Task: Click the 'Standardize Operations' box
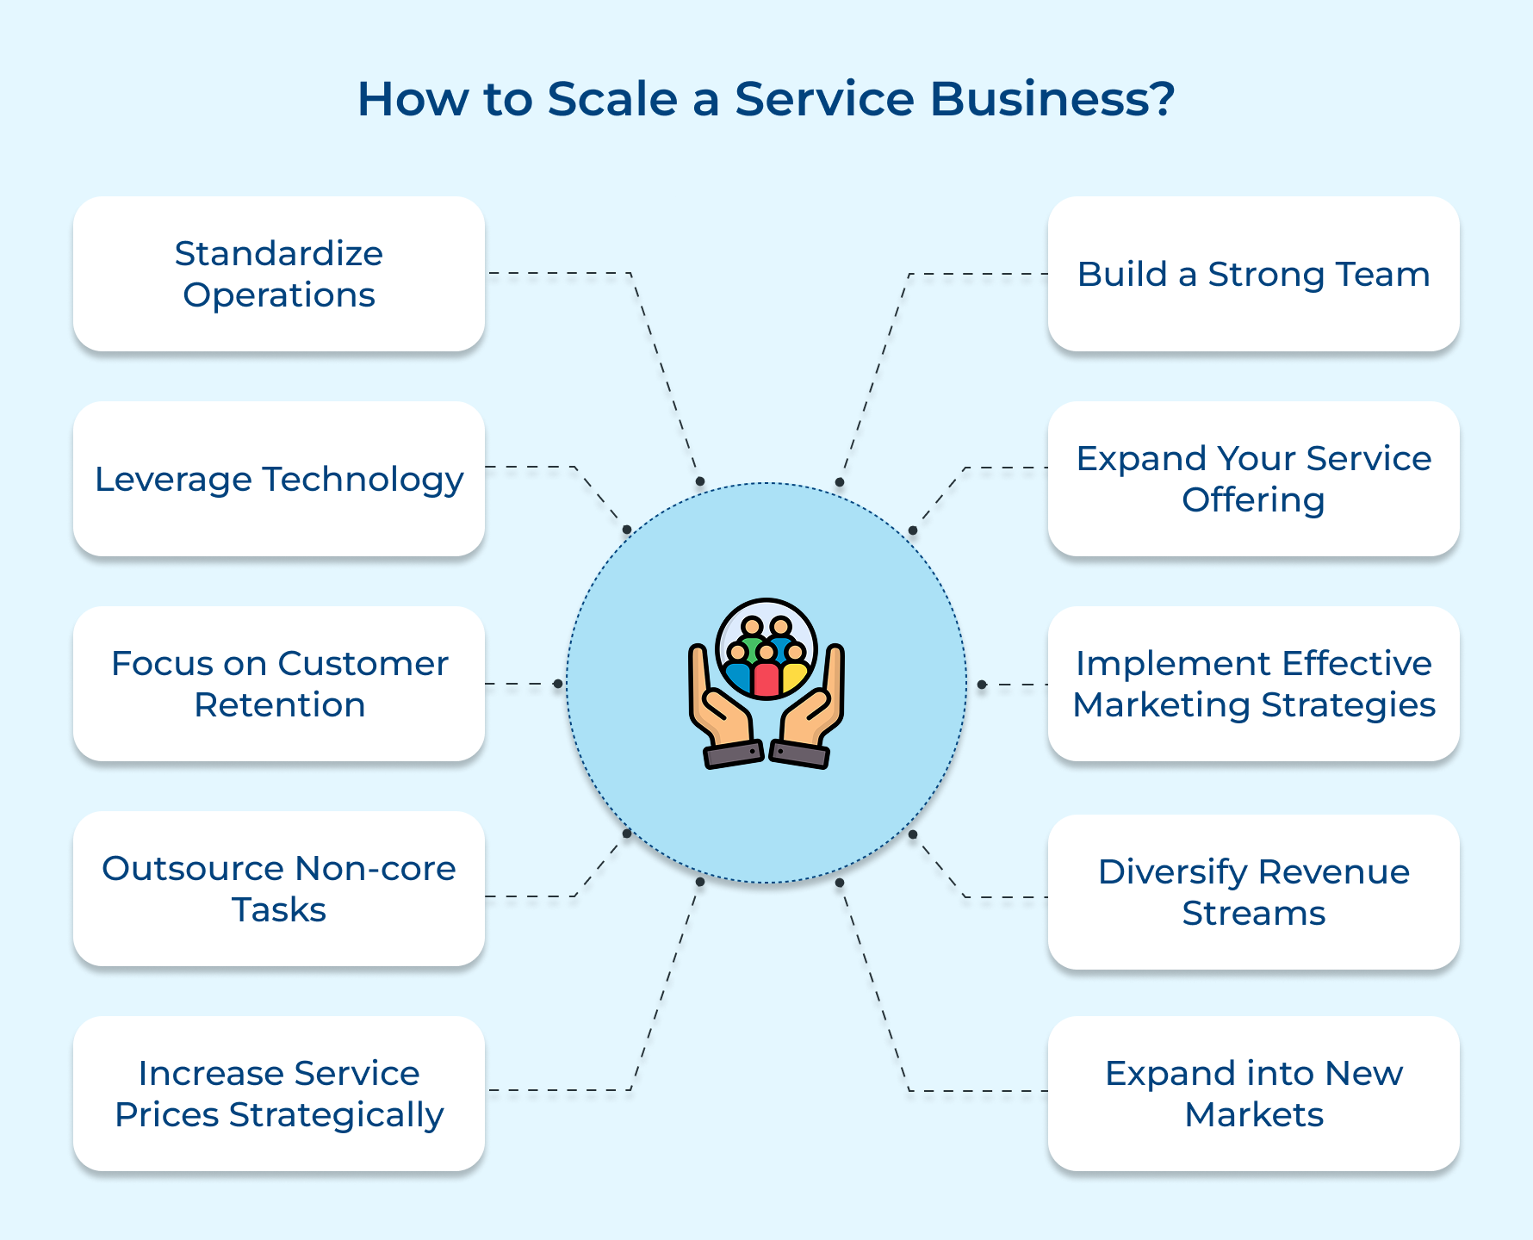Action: [279, 274]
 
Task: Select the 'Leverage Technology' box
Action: [279, 479]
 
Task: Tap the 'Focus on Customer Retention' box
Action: [279, 684]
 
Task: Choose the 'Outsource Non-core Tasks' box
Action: [279, 889]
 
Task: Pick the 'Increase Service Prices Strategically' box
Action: [279, 1094]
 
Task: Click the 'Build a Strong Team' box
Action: [1253, 274]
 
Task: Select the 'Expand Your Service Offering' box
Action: [1253, 479]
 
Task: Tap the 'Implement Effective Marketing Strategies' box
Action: [1253, 684]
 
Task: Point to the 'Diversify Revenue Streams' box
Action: [1253, 892]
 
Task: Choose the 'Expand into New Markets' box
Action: [1253, 1094]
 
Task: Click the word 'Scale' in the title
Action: [612, 99]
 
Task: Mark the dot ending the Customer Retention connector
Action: [558, 684]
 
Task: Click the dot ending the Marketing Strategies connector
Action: [982, 685]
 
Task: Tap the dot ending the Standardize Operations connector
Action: [700, 482]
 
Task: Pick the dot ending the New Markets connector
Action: [840, 883]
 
